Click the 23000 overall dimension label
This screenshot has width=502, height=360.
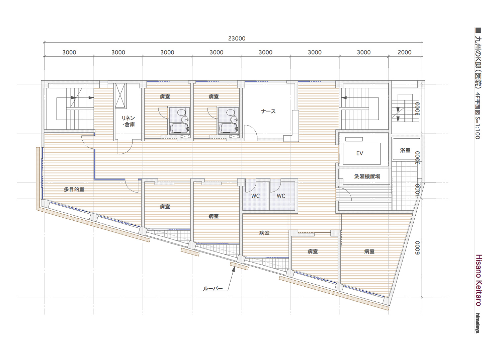click(237, 39)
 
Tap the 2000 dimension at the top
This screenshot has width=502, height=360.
click(405, 52)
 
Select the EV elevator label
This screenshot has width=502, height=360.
click(360, 153)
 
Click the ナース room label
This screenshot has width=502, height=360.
click(268, 111)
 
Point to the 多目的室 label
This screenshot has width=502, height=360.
click(74, 189)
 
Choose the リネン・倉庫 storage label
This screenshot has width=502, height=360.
click(129, 121)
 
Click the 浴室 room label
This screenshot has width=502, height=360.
click(405, 150)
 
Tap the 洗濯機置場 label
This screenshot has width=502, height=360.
click(367, 176)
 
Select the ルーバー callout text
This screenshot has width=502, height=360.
click(213, 288)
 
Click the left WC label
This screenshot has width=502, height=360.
click(255, 196)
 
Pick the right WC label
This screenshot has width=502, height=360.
click(281, 196)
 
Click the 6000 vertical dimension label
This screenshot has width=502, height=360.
click(417, 248)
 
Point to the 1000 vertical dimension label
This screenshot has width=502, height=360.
click(417, 191)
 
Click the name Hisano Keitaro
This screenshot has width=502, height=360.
click(479, 280)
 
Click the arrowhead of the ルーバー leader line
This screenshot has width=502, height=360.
click(234, 269)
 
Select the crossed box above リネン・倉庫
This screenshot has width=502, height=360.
click(120, 96)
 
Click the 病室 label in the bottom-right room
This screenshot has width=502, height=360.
click(369, 251)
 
